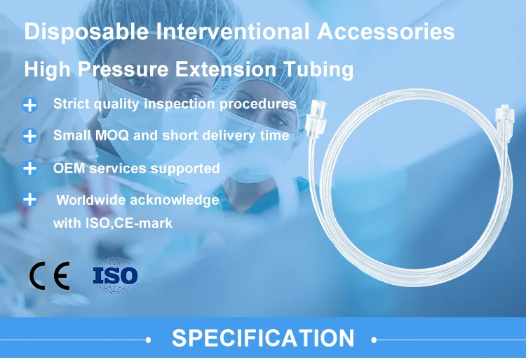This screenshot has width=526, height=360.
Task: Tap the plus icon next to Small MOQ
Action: (29, 136)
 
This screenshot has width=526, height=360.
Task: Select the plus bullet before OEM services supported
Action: (29, 168)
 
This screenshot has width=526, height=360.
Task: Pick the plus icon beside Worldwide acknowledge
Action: (29, 199)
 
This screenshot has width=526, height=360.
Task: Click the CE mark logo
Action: (49, 276)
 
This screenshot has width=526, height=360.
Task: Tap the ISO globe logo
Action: (115, 275)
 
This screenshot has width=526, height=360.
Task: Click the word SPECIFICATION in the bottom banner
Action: (263, 338)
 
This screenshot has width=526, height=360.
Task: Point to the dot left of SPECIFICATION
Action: (148, 339)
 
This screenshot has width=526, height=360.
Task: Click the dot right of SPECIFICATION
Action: (375, 339)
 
